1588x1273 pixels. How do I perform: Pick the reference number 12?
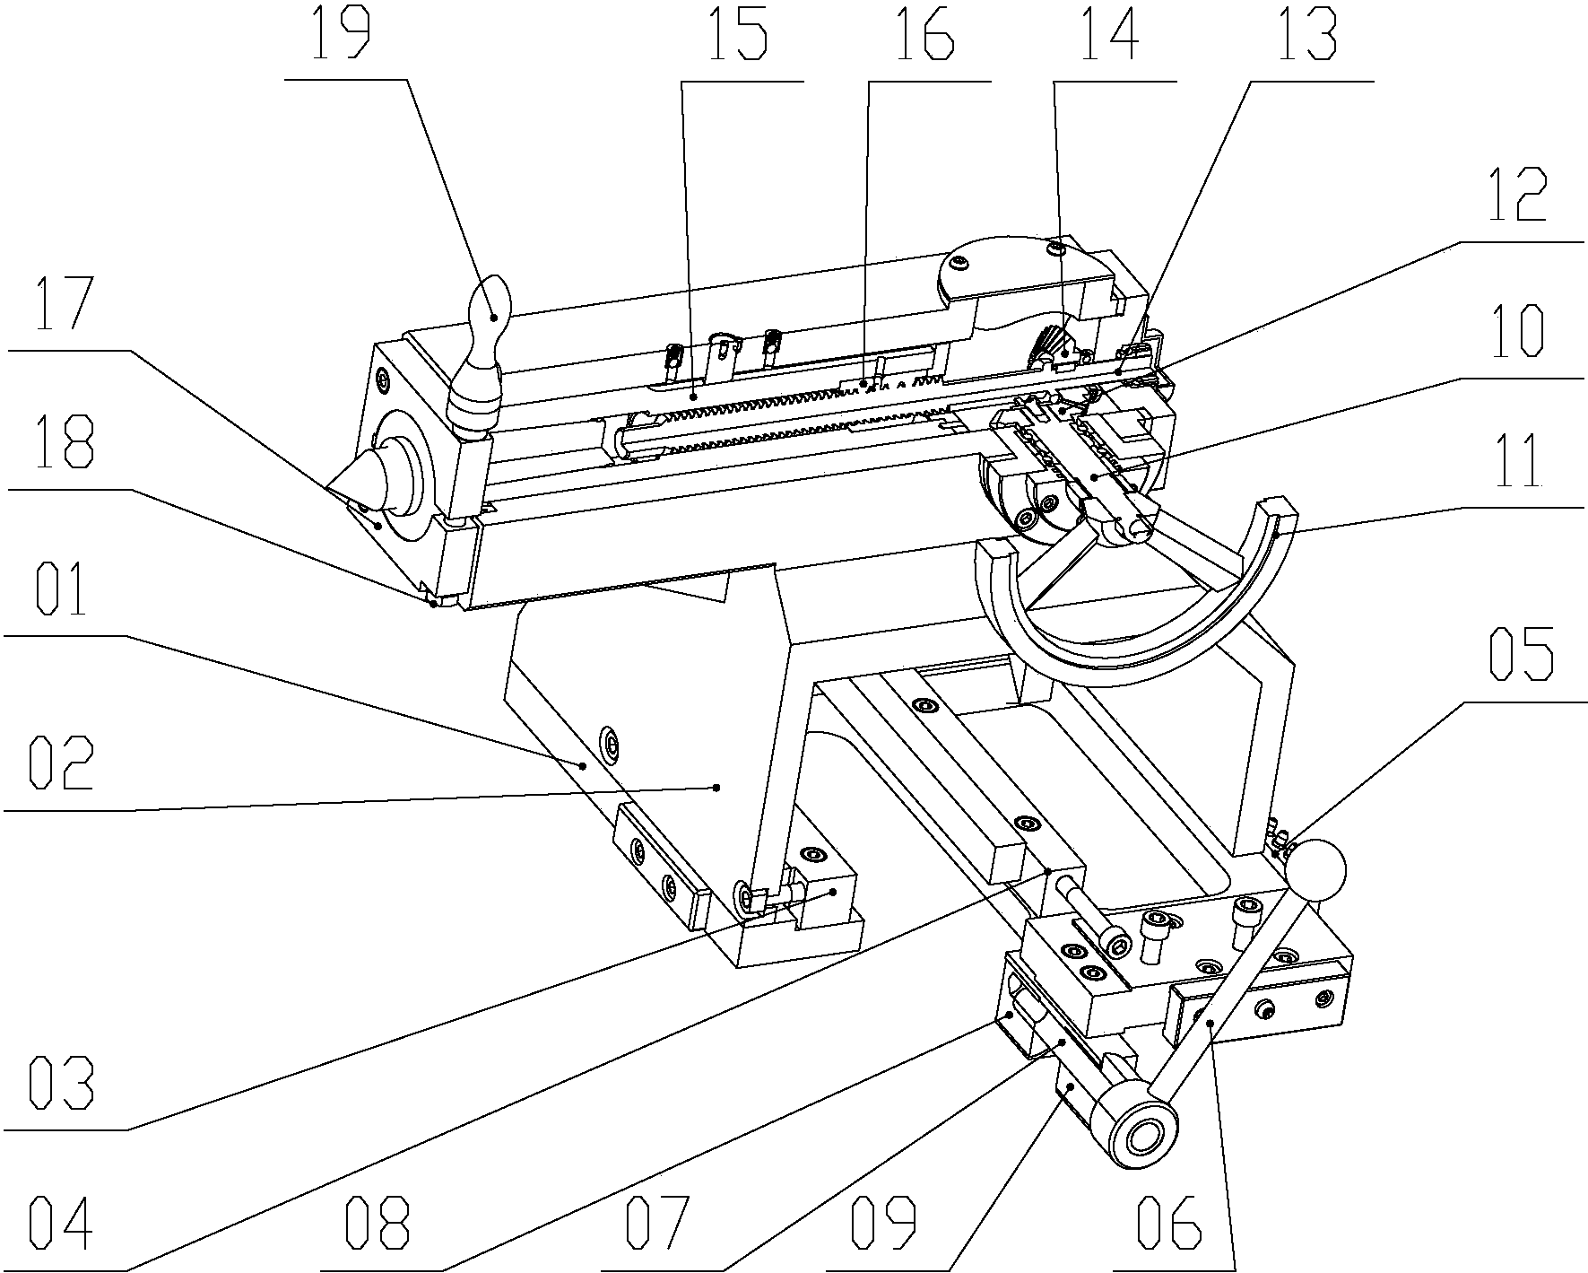pyautogui.click(x=1517, y=194)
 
